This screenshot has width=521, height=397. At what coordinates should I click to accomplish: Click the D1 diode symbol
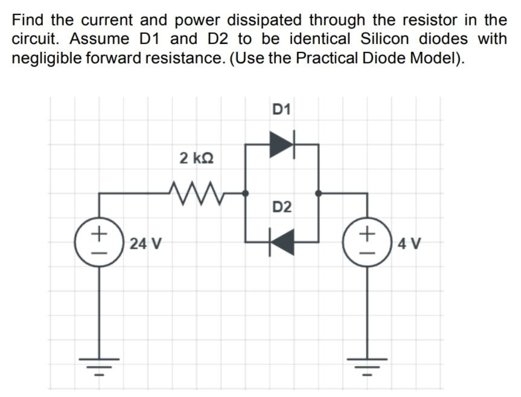281,144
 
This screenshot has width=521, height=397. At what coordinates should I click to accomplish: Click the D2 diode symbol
281,242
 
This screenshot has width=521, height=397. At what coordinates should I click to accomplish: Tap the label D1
281,110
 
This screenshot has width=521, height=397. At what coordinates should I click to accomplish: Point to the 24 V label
146,244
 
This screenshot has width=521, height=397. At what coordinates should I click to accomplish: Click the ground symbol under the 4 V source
368,365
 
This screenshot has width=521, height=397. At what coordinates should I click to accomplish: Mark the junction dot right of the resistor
245,193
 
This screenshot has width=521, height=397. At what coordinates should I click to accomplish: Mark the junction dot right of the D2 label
318,193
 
